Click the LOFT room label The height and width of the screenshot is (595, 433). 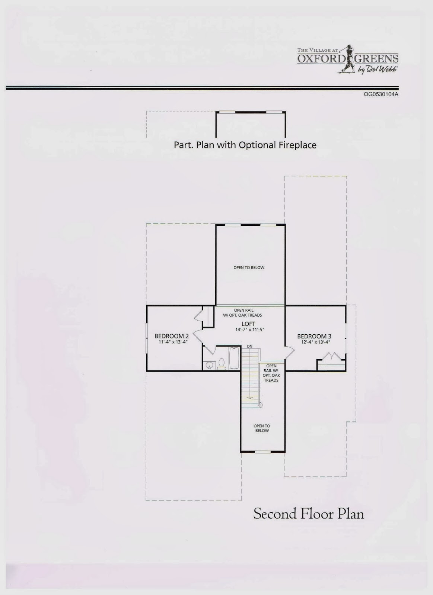[x=248, y=324]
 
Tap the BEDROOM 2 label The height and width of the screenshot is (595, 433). [x=172, y=336]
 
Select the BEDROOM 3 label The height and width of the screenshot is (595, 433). [x=314, y=337]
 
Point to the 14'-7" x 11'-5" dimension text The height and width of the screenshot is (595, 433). [x=249, y=330]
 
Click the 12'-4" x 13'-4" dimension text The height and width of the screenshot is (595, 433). [x=316, y=342]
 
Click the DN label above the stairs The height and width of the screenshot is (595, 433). [x=249, y=347]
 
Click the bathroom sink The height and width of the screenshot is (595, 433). [x=209, y=365]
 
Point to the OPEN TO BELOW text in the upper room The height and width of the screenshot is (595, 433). [x=249, y=267]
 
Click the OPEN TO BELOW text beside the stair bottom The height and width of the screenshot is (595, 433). [x=262, y=428]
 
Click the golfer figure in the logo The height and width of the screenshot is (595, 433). [x=348, y=57]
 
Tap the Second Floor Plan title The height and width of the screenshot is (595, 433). [x=308, y=514]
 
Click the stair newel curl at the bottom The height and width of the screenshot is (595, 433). [x=260, y=405]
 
